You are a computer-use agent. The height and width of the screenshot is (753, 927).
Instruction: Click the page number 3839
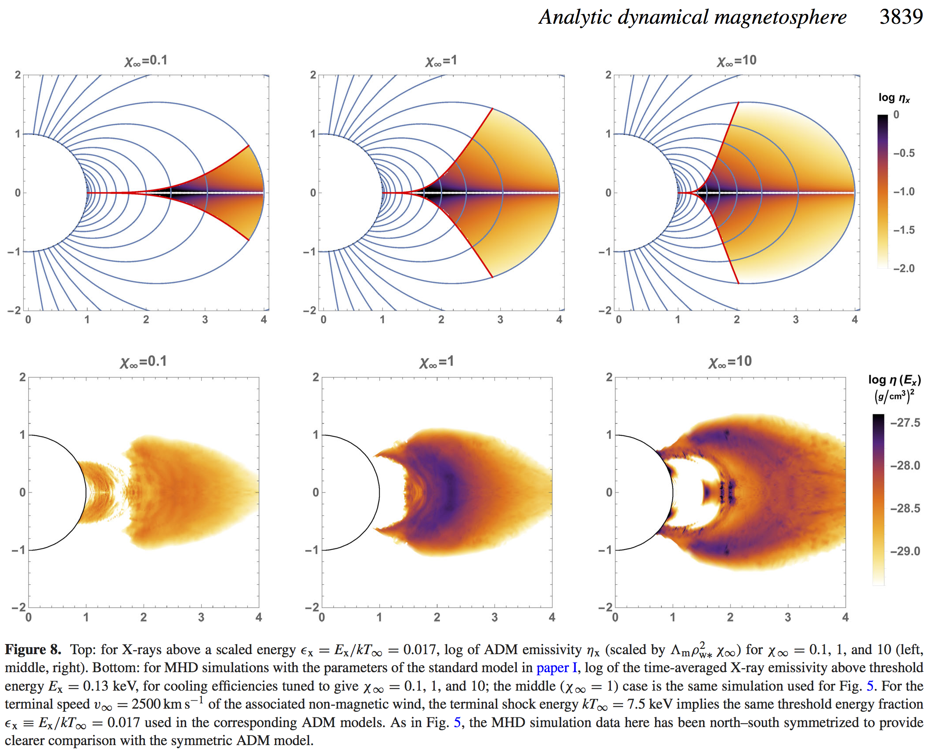901,17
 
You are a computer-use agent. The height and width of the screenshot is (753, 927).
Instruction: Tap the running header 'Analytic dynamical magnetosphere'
692,18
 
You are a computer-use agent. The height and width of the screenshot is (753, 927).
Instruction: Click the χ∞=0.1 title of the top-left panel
146,60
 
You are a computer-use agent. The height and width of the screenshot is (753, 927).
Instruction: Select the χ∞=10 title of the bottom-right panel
730,362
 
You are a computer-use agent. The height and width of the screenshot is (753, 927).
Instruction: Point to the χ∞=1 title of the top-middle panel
441,60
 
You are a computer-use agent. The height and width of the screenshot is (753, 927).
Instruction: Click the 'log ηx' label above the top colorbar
894,98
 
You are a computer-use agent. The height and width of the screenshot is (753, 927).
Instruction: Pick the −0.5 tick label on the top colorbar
904,153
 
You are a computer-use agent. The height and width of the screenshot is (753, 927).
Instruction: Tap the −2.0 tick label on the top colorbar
904,268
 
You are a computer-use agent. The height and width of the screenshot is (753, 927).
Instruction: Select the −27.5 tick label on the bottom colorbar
905,423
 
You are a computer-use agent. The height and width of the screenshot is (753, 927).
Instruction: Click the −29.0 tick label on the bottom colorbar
905,551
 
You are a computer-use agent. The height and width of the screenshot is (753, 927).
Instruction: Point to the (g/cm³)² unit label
894,396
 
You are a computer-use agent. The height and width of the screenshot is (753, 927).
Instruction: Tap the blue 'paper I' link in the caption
556,668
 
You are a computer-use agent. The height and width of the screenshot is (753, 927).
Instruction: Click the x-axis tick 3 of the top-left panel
205,319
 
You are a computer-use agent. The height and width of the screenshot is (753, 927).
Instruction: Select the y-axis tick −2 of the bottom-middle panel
311,608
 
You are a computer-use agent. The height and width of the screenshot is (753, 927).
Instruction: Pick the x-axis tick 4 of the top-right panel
855,319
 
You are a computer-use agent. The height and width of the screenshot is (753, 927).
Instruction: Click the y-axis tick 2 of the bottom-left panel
22,377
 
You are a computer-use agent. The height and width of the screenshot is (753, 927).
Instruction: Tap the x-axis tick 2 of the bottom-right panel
730,617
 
